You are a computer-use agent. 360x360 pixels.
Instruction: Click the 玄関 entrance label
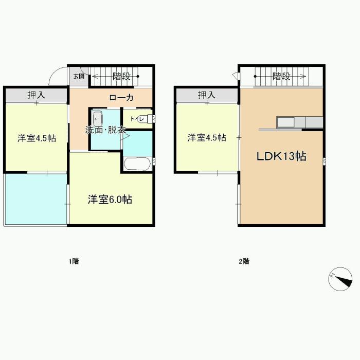click(79, 76)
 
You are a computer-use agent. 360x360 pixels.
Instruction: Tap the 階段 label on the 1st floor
click(121, 76)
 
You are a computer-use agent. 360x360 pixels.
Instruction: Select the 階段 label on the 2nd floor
click(281, 76)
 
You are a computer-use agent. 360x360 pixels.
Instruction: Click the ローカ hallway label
click(121, 98)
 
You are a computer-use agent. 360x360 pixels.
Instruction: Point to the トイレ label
click(137, 119)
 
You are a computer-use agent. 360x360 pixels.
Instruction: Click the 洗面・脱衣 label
click(105, 130)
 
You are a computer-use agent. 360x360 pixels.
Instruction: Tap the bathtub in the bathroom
click(137, 164)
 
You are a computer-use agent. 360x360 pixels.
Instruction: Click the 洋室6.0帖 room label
click(110, 200)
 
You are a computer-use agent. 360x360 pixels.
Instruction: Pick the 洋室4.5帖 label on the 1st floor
click(37, 138)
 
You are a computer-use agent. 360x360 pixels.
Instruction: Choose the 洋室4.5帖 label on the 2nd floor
click(207, 137)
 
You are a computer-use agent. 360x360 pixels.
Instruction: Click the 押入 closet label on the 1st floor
click(37, 95)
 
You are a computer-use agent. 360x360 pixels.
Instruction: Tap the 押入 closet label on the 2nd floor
click(207, 95)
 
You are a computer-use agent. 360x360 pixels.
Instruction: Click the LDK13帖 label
click(281, 156)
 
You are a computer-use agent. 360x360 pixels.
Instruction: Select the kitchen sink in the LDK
click(286, 122)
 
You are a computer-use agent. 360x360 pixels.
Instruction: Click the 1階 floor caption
click(74, 261)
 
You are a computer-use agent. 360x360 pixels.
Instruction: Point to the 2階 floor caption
click(244, 261)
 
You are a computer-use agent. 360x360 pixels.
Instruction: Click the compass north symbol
click(340, 279)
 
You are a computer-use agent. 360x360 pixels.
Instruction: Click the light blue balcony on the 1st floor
click(36, 199)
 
